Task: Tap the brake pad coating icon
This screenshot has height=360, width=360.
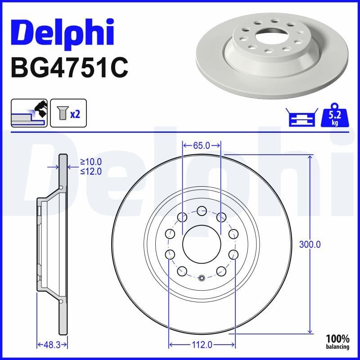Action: pyautogui.click(x=29, y=113)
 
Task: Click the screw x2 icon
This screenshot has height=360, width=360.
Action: pyautogui.click(x=68, y=113)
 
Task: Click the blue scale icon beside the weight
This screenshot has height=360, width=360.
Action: pyautogui.click(x=301, y=118)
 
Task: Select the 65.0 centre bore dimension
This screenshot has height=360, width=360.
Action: pyautogui.click(x=201, y=145)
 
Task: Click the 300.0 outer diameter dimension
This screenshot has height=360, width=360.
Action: pyautogui.click(x=310, y=245)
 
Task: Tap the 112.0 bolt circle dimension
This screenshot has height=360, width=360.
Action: pyautogui.click(x=201, y=345)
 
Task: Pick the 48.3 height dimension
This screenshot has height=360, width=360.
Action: pyautogui.click(x=52, y=345)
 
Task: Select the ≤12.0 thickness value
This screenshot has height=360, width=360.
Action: pyautogui.click(x=90, y=171)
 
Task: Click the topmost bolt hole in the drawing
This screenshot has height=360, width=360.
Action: pyautogui.click(x=201, y=210)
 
